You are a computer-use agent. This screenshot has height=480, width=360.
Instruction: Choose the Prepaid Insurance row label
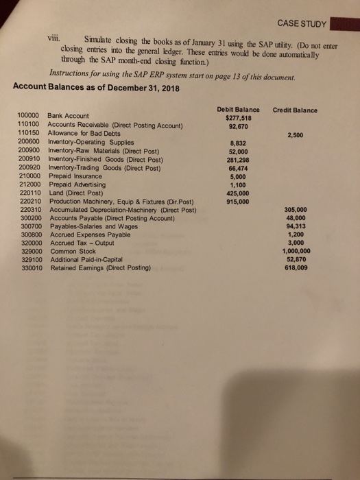73,176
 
